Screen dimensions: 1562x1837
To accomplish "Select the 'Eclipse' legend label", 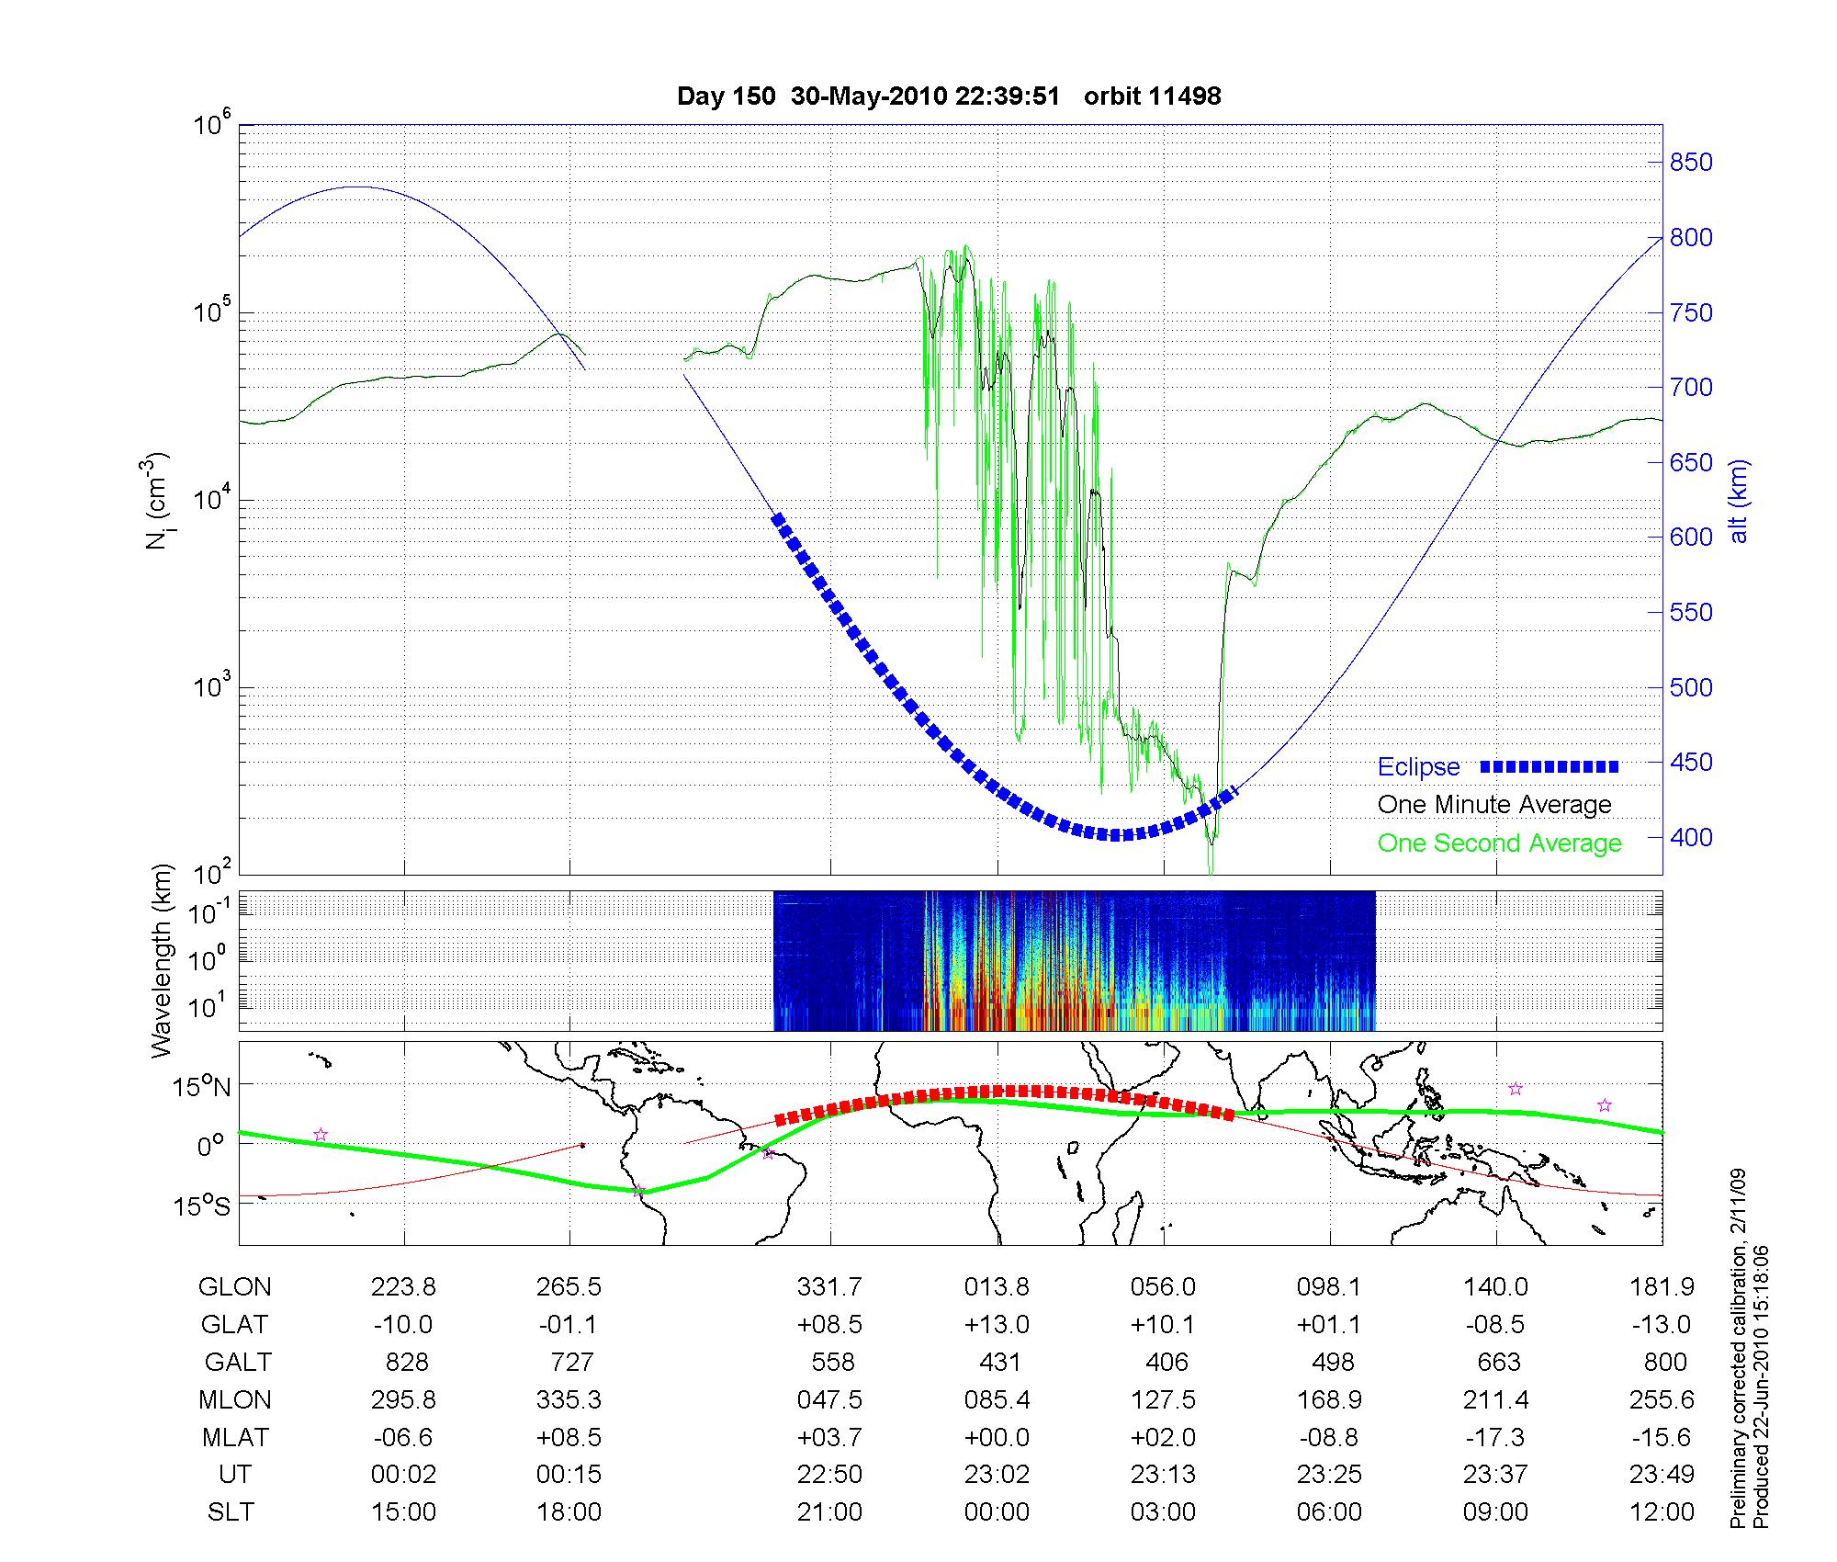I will click(1418, 767).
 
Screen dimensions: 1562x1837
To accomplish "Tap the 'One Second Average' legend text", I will click(1499, 843).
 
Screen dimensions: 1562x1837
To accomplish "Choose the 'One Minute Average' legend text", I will click(1494, 805).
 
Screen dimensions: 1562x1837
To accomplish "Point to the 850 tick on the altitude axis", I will click(1690, 163).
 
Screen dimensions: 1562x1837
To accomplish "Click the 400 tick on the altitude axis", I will click(1690, 838).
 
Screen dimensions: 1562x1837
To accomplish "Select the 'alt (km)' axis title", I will click(1739, 501).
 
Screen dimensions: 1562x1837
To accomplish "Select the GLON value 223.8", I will click(403, 1287).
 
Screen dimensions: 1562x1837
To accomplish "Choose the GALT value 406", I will click(1166, 1362).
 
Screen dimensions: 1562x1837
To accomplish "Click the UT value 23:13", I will click(1164, 1475).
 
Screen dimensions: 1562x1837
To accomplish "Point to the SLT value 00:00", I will click(997, 1512).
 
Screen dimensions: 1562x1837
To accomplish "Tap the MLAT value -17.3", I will click(1496, 1437).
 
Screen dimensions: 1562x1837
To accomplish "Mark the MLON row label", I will click(234, 1399).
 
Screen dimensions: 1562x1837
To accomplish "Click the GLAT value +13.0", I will click(997, 1325).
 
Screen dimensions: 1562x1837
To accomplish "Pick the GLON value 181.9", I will click(1662, 1287).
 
